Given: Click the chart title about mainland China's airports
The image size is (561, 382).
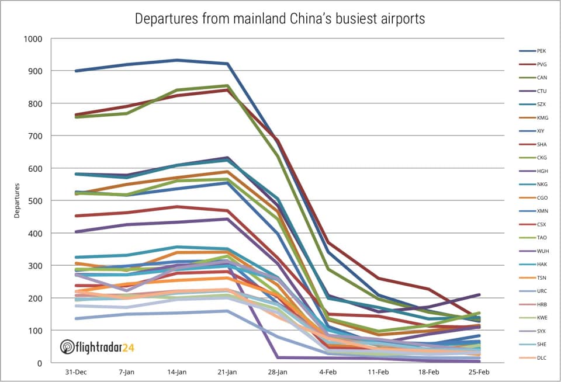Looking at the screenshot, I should point(280,19).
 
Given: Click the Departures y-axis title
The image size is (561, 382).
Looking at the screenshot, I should point(18,201).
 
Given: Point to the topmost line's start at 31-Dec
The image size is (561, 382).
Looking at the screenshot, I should point(76,71).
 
